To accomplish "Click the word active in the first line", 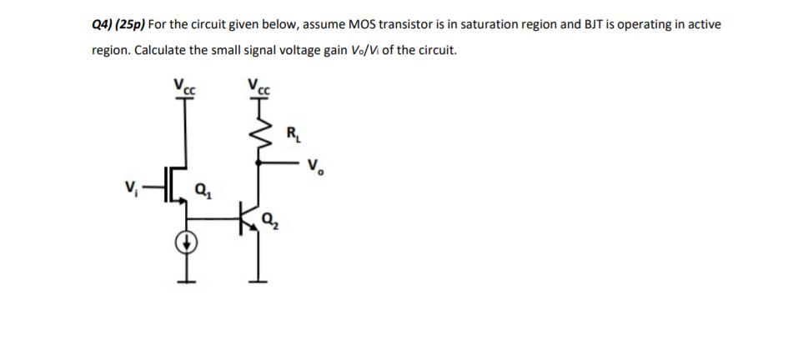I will [x=704, y=24].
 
